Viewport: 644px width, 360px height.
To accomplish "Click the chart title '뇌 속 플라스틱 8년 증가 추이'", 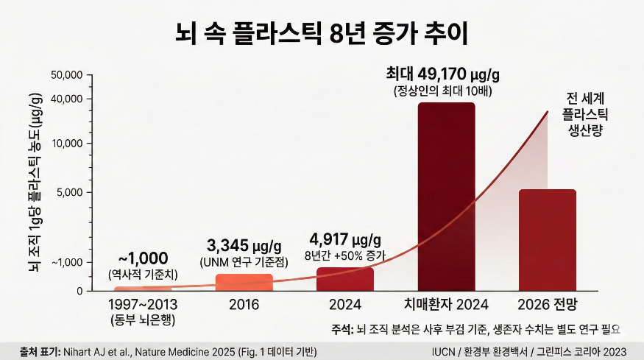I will pyautogui.click(x=322, y=33).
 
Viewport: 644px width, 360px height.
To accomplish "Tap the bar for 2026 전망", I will pyautogui.click(x=548, y=239).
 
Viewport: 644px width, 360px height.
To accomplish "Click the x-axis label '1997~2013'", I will pyautogui.click(x=142, y=304).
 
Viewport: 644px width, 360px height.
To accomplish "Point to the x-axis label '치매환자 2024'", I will pyautogui.click(x=446, y=304).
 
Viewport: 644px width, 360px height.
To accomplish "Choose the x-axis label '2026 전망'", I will pyautogui.click(x=548, y=304).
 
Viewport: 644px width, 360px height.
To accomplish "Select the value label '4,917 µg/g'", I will pyautogui.click(x=344, y=240).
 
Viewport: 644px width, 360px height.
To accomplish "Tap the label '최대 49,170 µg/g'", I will pyautogui.click(x=442, y=74).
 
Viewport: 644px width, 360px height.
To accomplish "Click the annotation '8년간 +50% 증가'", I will pyautogui.click(x=344, y=255).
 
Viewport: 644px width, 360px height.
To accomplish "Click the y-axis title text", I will pyautogui.click(x=34, y=183).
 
